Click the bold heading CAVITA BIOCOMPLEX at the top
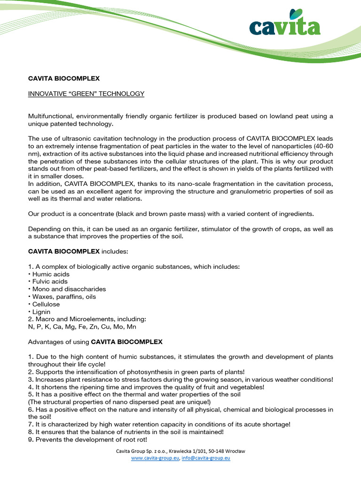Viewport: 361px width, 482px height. (x=64, y=79)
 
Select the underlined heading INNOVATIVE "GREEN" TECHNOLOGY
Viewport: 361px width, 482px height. (x=86, y=94)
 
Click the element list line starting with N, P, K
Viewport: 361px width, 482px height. (x=82, y=327)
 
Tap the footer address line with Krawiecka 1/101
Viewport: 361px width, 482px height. (x=180, y=451)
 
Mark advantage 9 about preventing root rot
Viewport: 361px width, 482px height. (x=88, y=439)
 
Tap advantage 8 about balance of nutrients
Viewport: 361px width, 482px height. (x=126, y=432)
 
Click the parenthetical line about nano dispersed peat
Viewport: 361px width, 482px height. (x=120, y=402)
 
